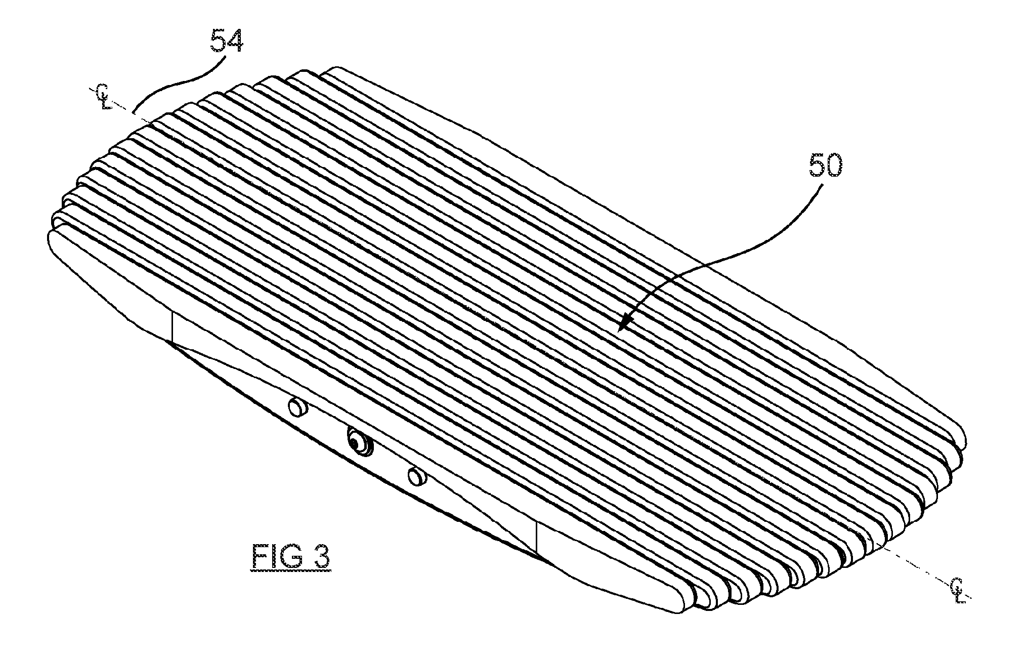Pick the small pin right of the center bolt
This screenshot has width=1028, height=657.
417,476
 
